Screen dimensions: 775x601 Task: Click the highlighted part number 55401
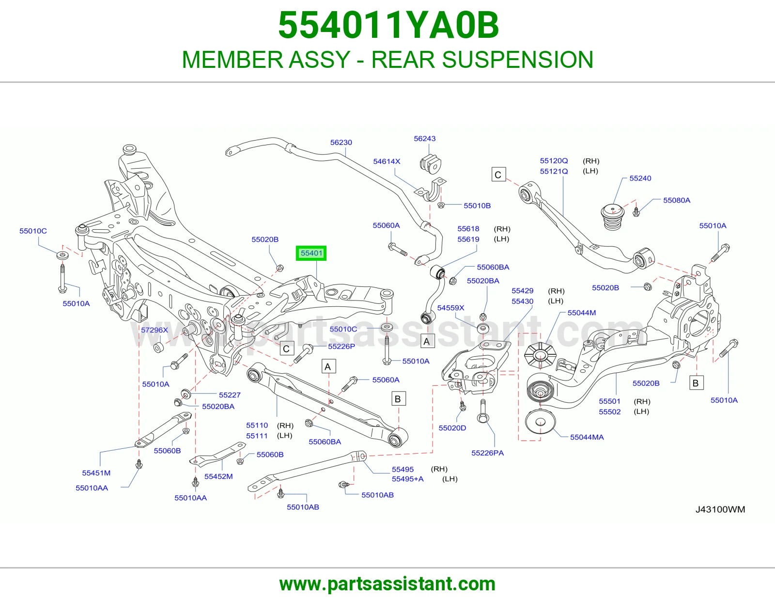point(311,253)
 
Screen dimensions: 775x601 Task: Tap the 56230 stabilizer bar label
point(341,142)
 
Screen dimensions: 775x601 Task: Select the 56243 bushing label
point(424,139)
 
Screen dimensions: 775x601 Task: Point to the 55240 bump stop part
point(613,217)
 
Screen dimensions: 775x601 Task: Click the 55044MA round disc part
point(541,421)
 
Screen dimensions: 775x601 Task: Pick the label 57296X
point(154,330)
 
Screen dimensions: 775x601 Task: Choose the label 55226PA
point(487,453)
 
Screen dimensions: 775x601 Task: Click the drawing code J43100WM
point(720,509)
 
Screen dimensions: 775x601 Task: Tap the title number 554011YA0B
point(388,25)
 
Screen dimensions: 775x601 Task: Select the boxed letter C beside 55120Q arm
point(498,174)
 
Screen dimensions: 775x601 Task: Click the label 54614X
point(387,161)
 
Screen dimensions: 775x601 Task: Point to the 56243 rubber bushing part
point(431,164)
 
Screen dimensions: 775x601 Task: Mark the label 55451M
point(96,473)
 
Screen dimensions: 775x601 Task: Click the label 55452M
point(218,476)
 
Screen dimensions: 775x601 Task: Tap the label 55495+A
point(408,479)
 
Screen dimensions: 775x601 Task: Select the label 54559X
point(450,308)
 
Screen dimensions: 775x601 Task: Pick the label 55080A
point(677,200)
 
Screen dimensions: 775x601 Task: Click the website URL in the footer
point(387,584)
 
